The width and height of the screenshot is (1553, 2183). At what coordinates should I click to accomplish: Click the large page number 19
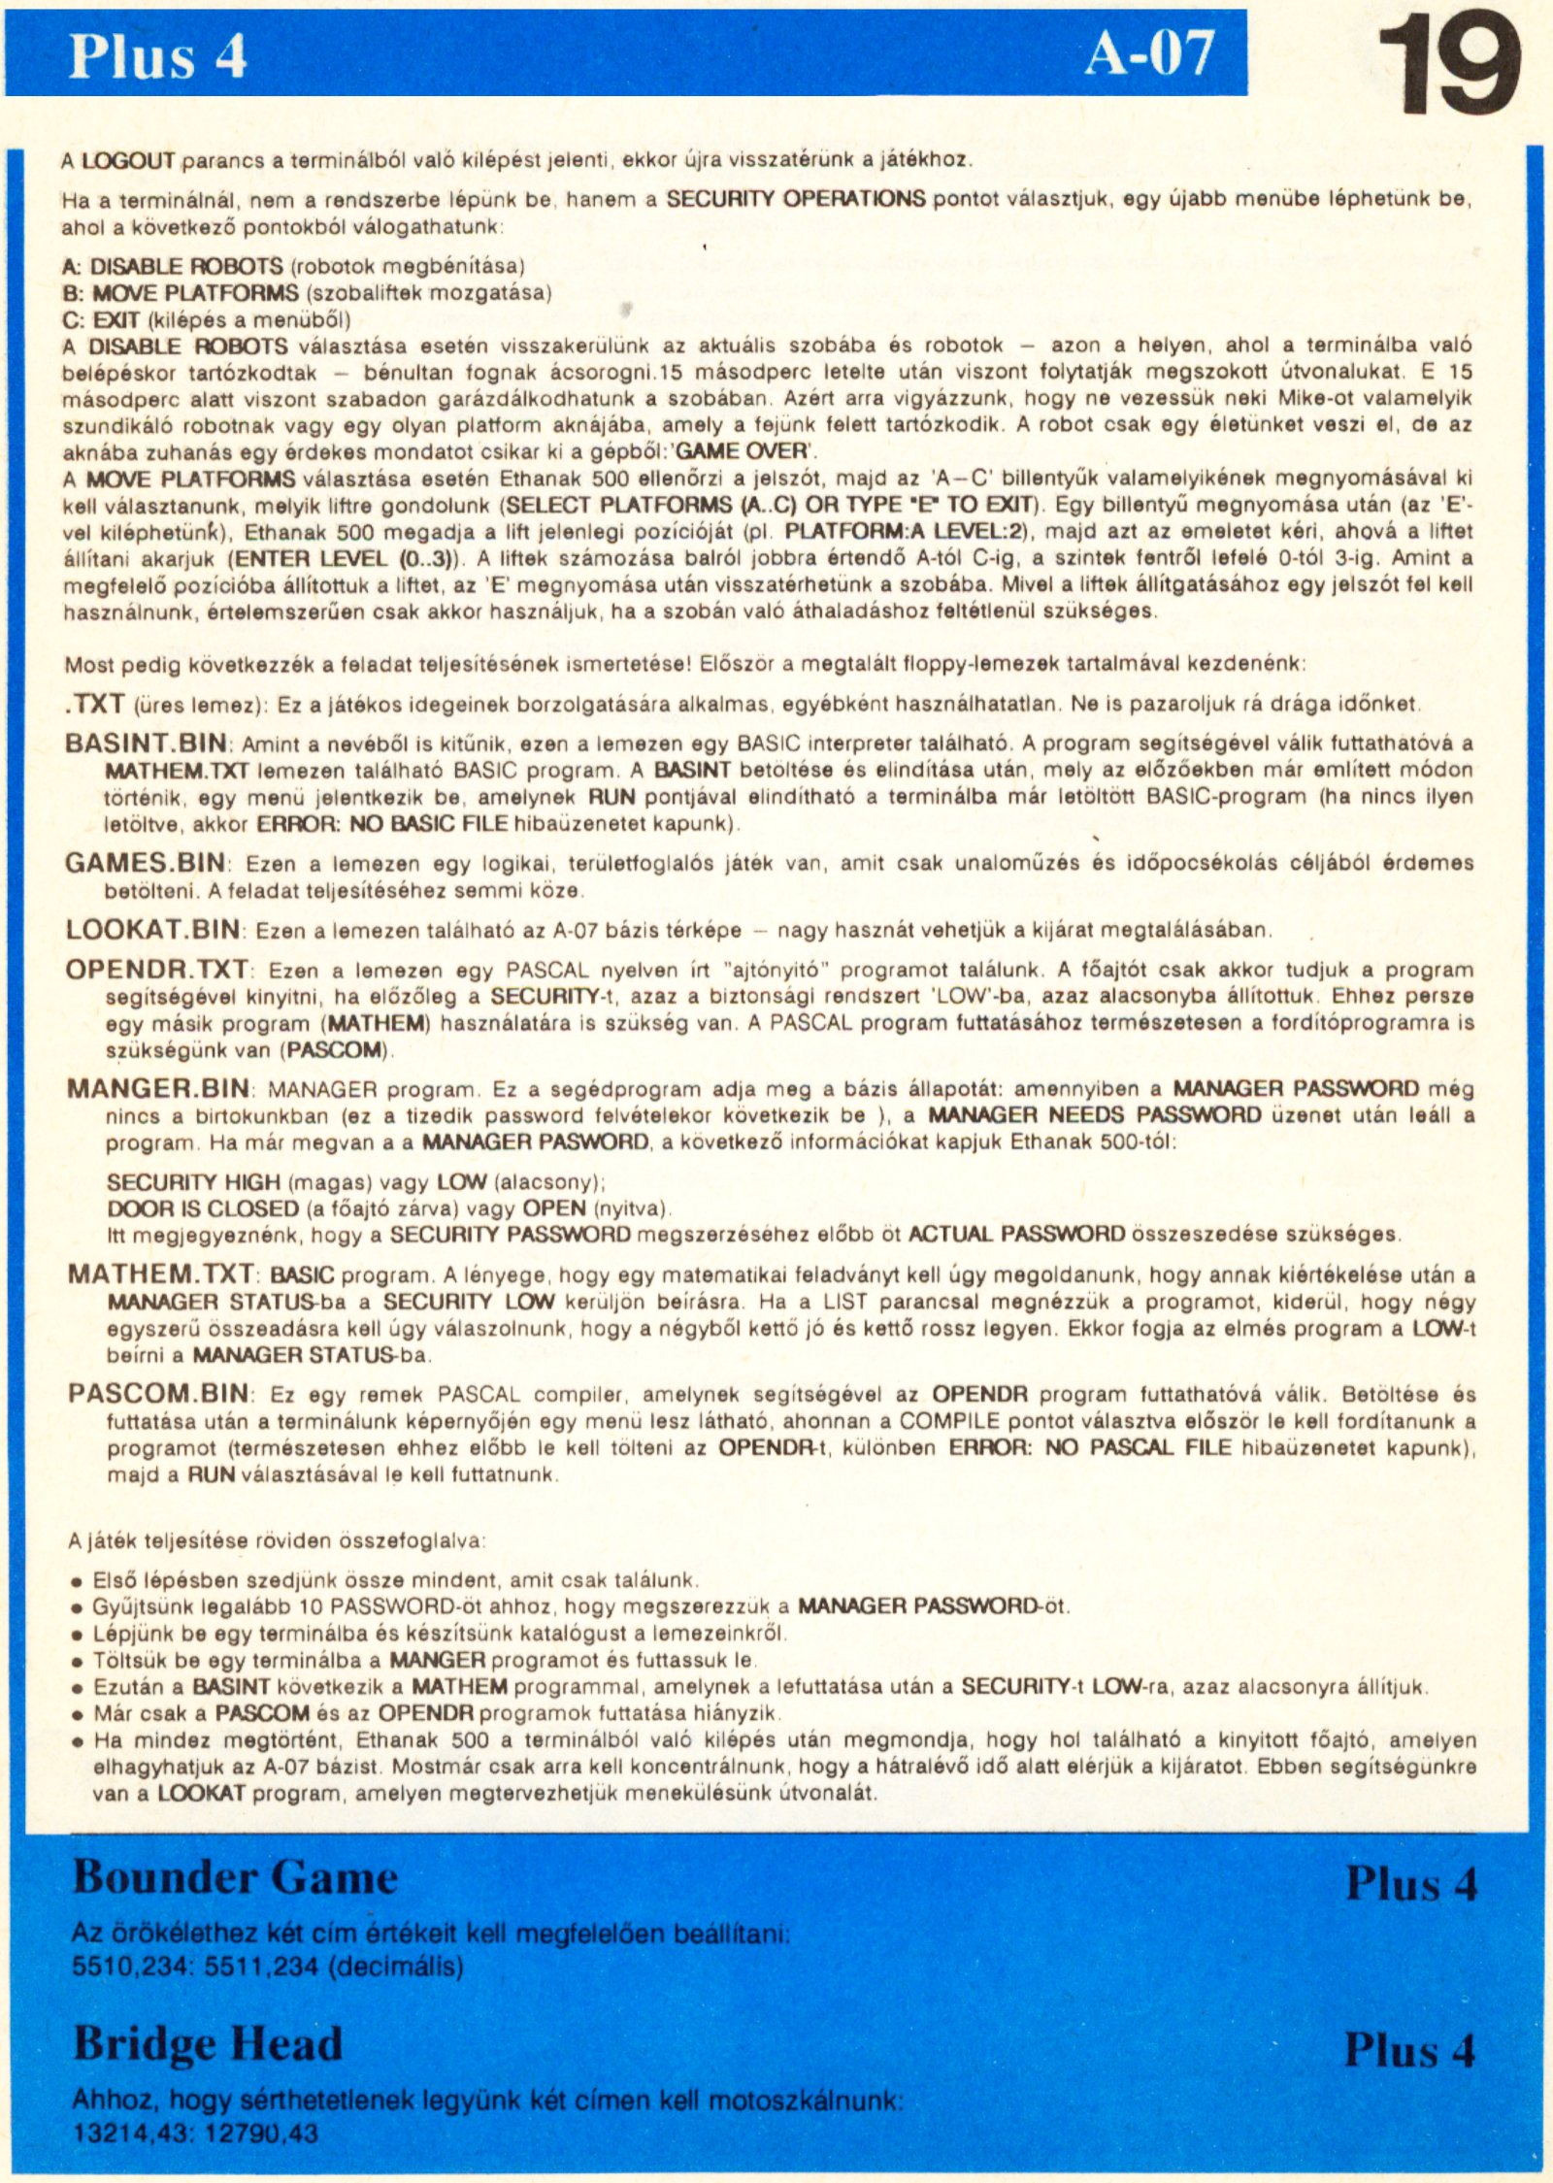[x=1448, y=66]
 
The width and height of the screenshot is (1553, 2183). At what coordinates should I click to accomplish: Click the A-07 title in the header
[x=1149, y=53]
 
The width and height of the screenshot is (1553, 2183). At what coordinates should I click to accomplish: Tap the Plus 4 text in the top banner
[x=157, y=56]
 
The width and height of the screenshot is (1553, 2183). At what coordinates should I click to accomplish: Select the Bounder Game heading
[x=236, y=1876]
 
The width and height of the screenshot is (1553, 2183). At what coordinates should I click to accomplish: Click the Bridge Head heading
[x=208, y=2043]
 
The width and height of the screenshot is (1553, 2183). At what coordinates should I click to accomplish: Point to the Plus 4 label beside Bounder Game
[x=1410, y=1883]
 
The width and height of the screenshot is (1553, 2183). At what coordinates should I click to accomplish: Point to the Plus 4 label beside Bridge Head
[x=1409, y=2050]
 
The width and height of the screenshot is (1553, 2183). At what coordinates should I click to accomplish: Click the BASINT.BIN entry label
[x=146, y=744]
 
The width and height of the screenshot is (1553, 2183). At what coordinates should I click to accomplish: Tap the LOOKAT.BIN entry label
[x=153, y=929]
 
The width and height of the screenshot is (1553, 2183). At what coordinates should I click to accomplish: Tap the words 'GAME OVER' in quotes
[x=742, y=451]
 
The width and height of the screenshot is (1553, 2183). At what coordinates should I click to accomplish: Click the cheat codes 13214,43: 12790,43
[x=196, y=2133]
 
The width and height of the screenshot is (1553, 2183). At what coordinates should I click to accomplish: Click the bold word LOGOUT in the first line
[x=127, y=160]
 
